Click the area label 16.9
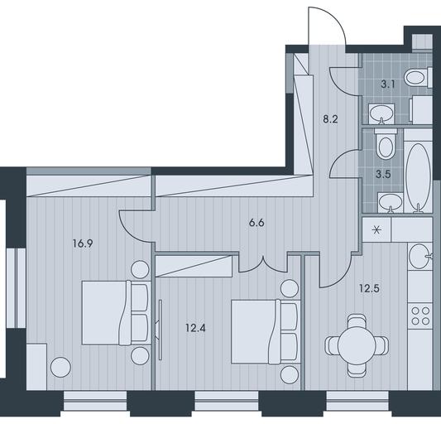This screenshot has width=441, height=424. [83, 243]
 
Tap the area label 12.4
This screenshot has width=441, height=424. [195, 328]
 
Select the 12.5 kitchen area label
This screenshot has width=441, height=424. [369, 288]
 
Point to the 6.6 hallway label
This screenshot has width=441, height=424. [256, 223]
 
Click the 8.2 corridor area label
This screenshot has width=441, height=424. [330, 119]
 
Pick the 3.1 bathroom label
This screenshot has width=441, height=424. [388, 84]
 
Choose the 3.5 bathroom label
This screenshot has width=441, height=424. [383, 174]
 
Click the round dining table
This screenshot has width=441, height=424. [357, 345]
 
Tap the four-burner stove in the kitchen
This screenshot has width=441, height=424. [420, 316]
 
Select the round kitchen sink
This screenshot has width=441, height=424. [419, 256]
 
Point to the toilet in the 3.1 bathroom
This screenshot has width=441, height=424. [418, 77]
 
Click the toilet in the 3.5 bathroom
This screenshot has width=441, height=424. [386, 144]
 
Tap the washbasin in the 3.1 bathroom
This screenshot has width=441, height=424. [381, 113]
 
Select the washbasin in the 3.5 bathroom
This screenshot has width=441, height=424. [391, 202]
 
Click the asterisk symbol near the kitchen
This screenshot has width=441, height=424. [376, 230]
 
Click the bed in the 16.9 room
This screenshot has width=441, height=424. [115, 312]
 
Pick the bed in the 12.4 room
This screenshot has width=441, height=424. [266, 331]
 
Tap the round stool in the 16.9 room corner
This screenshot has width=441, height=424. [60, 367]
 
